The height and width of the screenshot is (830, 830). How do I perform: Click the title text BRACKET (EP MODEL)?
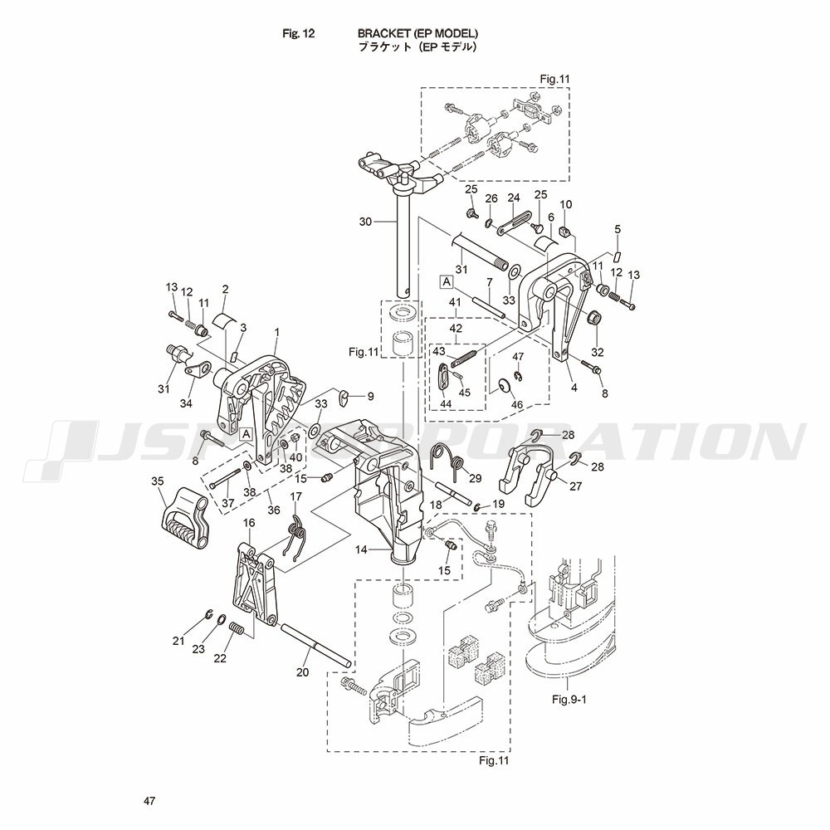417,33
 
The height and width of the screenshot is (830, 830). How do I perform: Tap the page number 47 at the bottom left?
149,801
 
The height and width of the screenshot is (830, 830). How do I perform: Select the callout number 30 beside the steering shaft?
366,222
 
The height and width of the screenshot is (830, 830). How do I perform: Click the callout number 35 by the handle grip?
158,481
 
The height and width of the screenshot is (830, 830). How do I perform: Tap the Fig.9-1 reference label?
569,699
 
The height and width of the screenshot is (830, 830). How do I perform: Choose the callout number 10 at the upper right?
566,205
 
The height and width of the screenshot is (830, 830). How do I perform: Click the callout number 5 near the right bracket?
617,228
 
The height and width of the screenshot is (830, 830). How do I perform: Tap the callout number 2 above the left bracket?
225,289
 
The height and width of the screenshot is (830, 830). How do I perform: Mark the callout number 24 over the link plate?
514,198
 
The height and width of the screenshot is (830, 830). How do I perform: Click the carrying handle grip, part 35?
181,516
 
